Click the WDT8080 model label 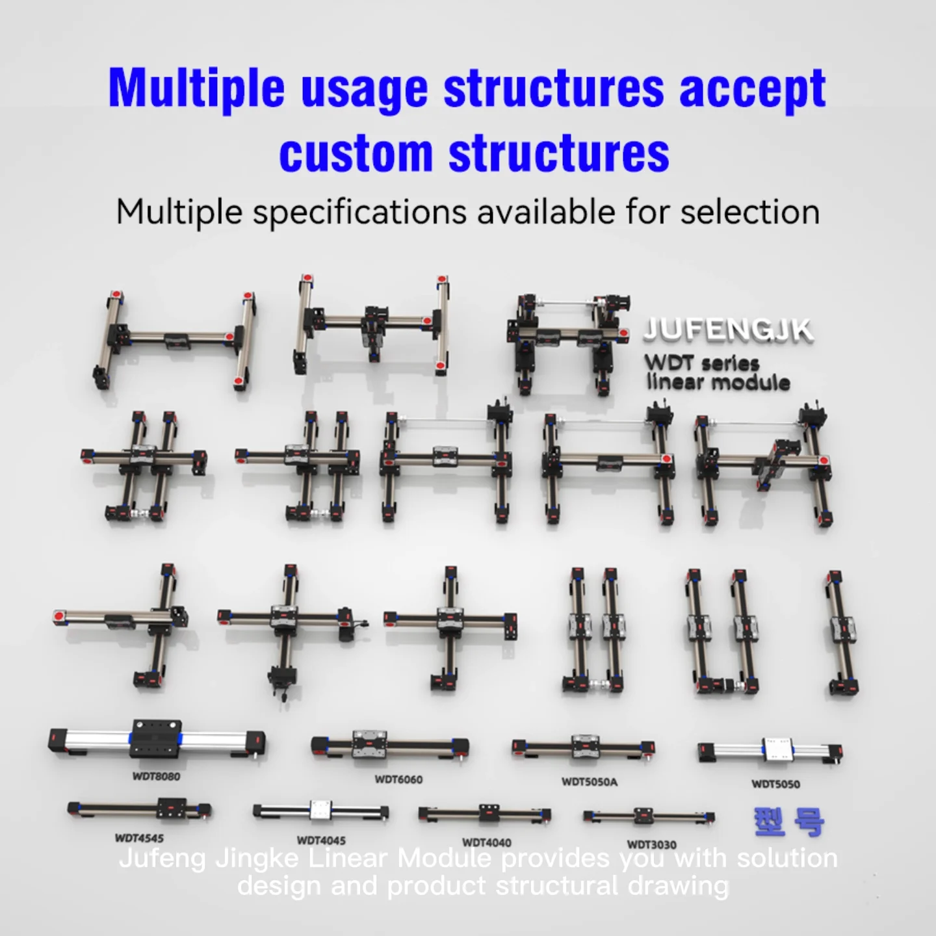click(x=156, y=776)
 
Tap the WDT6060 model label click(x=398, y=779)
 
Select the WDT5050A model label click(x=590, y=782)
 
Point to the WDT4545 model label click(x=139, y=838)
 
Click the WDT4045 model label click(x=321, y=840)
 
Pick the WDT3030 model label click(x=651, y=844)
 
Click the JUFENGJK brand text click(x=728, y=330)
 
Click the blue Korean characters click(x=789, y=822)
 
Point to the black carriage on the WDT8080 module click(x=156, y=738)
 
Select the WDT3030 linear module click(x=649, y=817)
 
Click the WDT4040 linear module click(x=485, y=814)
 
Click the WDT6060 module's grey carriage click(x=369, y=744)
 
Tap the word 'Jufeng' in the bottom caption click(x=162, y=859)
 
